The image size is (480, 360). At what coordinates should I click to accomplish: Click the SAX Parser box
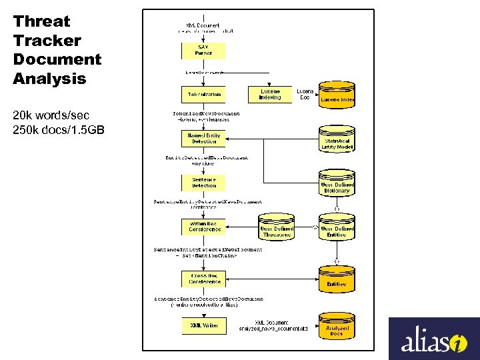[x=203, y=51]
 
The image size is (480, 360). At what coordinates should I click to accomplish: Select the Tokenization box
[x=203, y=94]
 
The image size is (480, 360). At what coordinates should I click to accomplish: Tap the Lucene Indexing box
[x=270, y=94]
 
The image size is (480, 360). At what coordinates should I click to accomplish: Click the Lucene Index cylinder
[x=337, y=95]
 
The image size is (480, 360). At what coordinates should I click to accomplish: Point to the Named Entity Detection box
[x=203, y=138]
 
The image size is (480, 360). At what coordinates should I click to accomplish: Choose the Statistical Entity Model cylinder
[x=337, y=141]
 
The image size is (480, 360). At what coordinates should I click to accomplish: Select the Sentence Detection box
[x=203, y=183]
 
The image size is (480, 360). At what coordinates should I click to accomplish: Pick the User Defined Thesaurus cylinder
[x=277, y=229]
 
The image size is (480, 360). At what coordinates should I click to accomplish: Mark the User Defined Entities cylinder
[x=337, y=229]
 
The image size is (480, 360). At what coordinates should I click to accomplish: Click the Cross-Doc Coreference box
[x=203, y=278]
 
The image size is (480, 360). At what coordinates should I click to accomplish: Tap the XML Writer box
[x=203, y=325]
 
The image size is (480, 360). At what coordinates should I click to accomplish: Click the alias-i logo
[x=434, y=339]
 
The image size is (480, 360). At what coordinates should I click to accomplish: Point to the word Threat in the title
[x=41, y=21]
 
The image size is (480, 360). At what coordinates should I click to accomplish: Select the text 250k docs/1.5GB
[x=58, y=129]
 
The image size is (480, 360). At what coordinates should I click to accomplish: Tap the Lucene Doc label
[x=305, y=94]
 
